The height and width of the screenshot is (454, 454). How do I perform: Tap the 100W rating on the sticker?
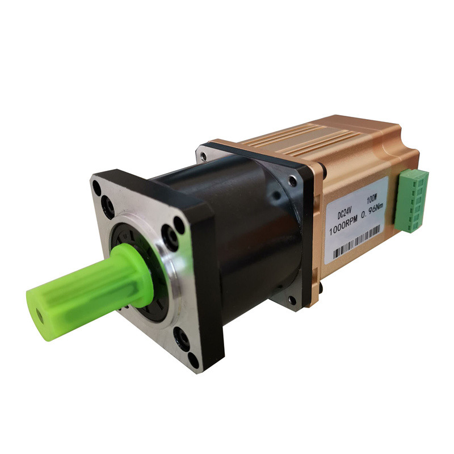coord(372,201)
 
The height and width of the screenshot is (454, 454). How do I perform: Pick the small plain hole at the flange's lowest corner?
coord(195,360)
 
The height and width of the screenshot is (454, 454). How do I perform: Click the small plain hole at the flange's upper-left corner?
coord(97,185)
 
